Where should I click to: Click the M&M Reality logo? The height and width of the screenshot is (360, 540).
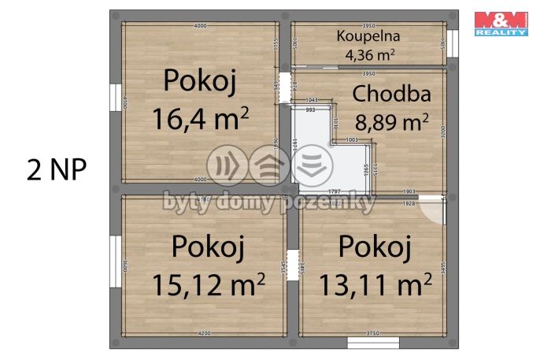500,24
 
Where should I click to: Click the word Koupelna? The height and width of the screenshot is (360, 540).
368,35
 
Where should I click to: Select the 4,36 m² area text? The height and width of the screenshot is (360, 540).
369,54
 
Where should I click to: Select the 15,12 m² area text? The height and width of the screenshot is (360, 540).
208,284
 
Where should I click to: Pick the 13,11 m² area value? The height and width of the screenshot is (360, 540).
375,284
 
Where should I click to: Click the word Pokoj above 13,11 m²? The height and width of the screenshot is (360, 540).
375,247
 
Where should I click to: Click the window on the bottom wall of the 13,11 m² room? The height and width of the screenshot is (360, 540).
372,343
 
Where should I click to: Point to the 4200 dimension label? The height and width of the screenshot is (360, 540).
204,334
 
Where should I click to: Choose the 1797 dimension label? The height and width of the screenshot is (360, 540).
334,191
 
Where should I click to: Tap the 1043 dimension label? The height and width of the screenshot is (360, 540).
311,99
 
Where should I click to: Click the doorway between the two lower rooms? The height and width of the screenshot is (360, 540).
293,262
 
